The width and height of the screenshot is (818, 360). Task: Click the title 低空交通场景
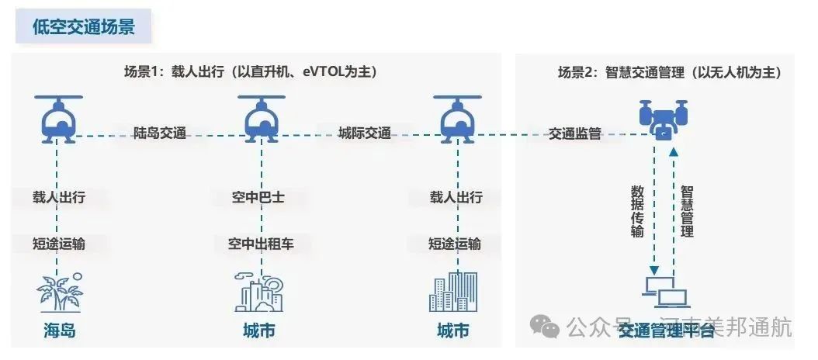[83, 27]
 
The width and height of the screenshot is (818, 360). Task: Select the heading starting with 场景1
[250, 72]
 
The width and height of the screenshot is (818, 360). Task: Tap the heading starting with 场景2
[669, 72]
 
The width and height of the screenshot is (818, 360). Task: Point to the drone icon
[663, 119]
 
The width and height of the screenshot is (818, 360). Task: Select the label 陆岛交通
[160, 133]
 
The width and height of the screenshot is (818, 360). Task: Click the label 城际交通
[365, 133]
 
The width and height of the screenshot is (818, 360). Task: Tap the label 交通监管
[575, 133]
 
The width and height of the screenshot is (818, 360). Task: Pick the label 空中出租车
[261, 244]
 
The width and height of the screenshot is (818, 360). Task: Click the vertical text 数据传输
[637, 210]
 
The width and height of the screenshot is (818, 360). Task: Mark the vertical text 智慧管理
[687, 210]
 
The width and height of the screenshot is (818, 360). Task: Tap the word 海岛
[60, 331]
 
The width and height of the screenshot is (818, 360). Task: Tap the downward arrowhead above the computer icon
[653, 268]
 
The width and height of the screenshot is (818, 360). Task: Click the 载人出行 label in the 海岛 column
[59, 197]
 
